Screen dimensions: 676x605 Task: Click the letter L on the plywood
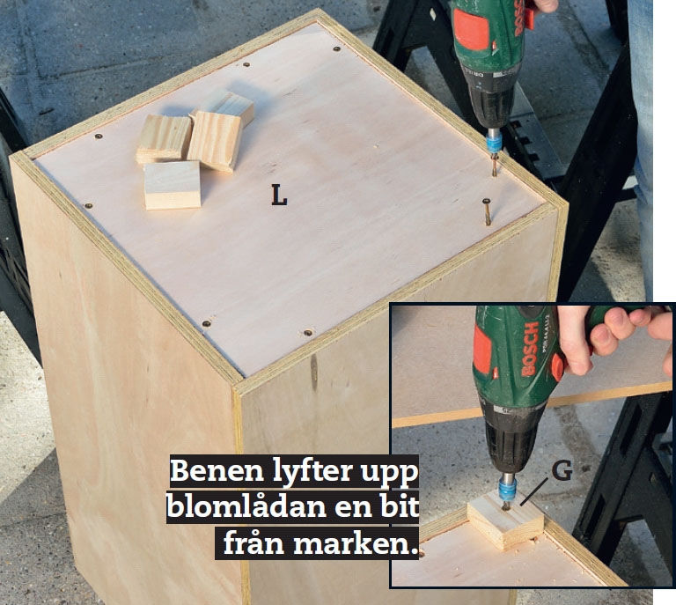tap(279, 195)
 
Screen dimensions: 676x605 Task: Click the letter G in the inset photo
tap(562, 471)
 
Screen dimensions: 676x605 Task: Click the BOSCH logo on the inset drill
tap(531, 349)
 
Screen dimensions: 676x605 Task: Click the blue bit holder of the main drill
tap(493, 142)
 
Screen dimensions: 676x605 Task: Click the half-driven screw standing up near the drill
tap(487, 211)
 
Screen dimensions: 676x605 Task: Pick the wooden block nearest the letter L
tap(173, 185)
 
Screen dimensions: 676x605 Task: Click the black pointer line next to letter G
tap(534, 491)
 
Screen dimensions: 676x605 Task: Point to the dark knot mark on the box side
tap(314, 370)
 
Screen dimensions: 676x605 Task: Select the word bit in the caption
tap(400, 505)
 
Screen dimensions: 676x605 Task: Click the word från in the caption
tap(254, 542)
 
